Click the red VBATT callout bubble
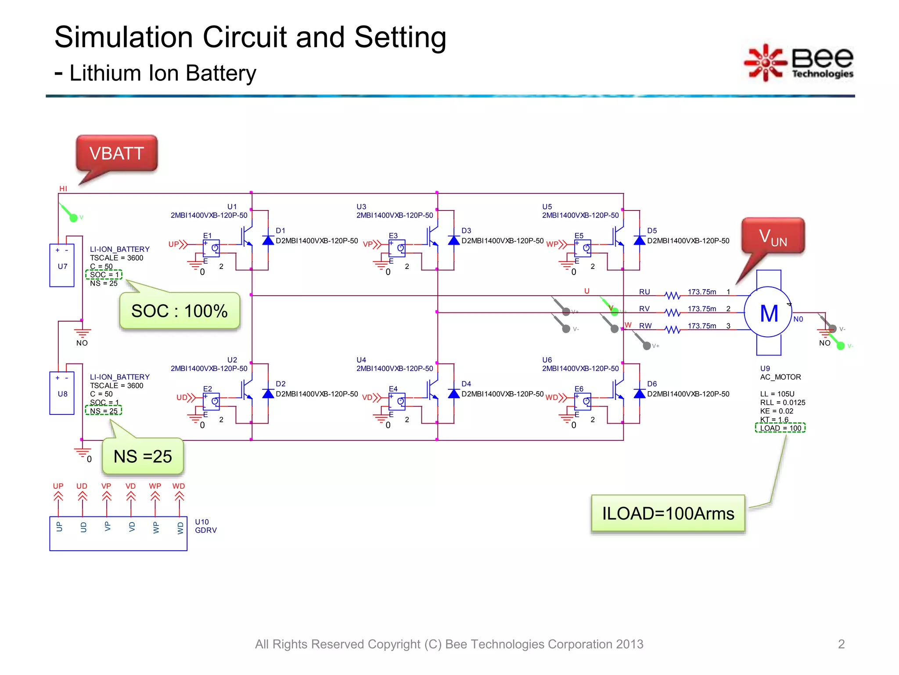(116, 153)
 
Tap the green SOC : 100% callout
(179, 311)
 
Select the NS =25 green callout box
(143, 456)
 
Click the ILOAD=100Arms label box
(668, 513)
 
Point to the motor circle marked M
(768, 313)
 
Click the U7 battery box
(62, 265)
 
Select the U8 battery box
(62, 393)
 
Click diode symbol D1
(268, 240)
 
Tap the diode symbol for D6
(639, 393)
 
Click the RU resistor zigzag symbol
(672, 295)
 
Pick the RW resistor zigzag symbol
(672, 330)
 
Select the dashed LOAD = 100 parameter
(780, 428)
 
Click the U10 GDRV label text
(205, 526)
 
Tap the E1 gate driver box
(211, 248)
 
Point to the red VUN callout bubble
(773, 236)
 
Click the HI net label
(63, 189)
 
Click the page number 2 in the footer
(841, 644)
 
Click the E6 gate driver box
(583, 401)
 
